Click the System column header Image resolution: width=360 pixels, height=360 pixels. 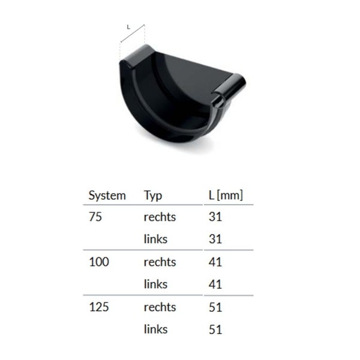click(107, 195)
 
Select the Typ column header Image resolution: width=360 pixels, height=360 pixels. click(153, 195)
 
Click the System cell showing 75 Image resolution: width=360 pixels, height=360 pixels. click(95, 217)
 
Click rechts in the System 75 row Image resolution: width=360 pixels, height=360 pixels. click(160, 217)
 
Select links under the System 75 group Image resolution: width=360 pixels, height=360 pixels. click(155, 239)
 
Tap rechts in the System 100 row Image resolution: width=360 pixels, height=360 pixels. click(160, 262)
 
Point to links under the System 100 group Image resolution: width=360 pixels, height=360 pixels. click(155, 284)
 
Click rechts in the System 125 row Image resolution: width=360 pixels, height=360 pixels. click(160, 307)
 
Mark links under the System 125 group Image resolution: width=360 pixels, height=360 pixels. click(155, 329)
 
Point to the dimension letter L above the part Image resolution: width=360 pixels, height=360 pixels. click(129, 26)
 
